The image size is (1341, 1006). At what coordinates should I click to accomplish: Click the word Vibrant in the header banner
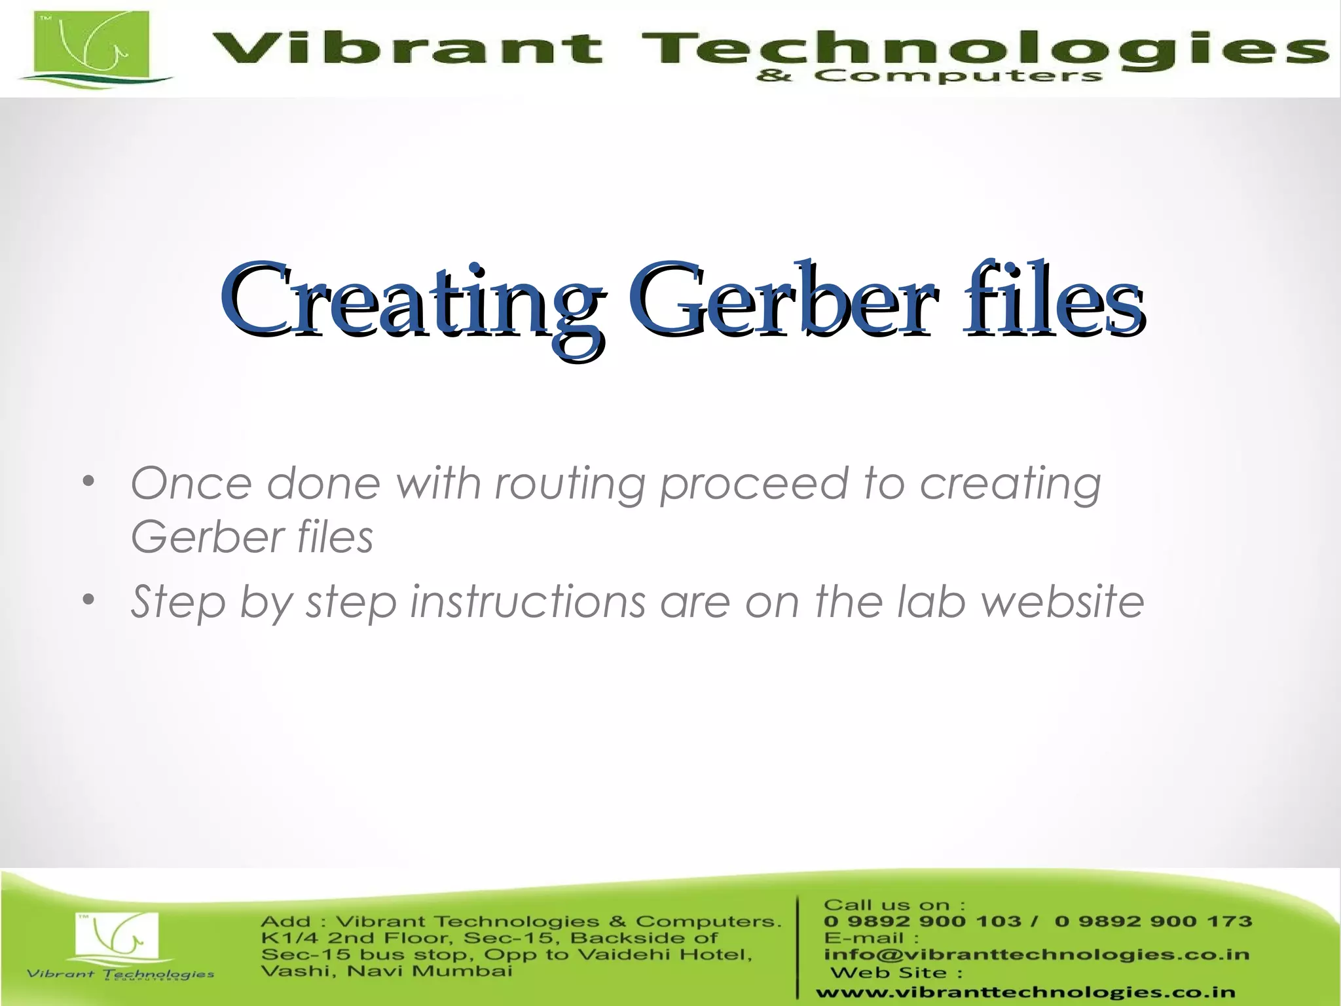[407, 49]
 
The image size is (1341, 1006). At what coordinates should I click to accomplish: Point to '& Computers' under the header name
[929, 77]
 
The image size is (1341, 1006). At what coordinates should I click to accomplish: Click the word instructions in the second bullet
[528, 601]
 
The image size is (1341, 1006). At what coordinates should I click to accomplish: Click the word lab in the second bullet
[930, 601]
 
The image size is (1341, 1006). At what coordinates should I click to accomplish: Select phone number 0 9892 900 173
[1153, 922]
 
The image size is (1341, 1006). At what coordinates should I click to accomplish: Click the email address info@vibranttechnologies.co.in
[1036, 954]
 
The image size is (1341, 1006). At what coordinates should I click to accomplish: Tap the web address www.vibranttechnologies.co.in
[1025, 992]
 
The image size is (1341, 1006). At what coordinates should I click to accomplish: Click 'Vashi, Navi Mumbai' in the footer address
[386, 971]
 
